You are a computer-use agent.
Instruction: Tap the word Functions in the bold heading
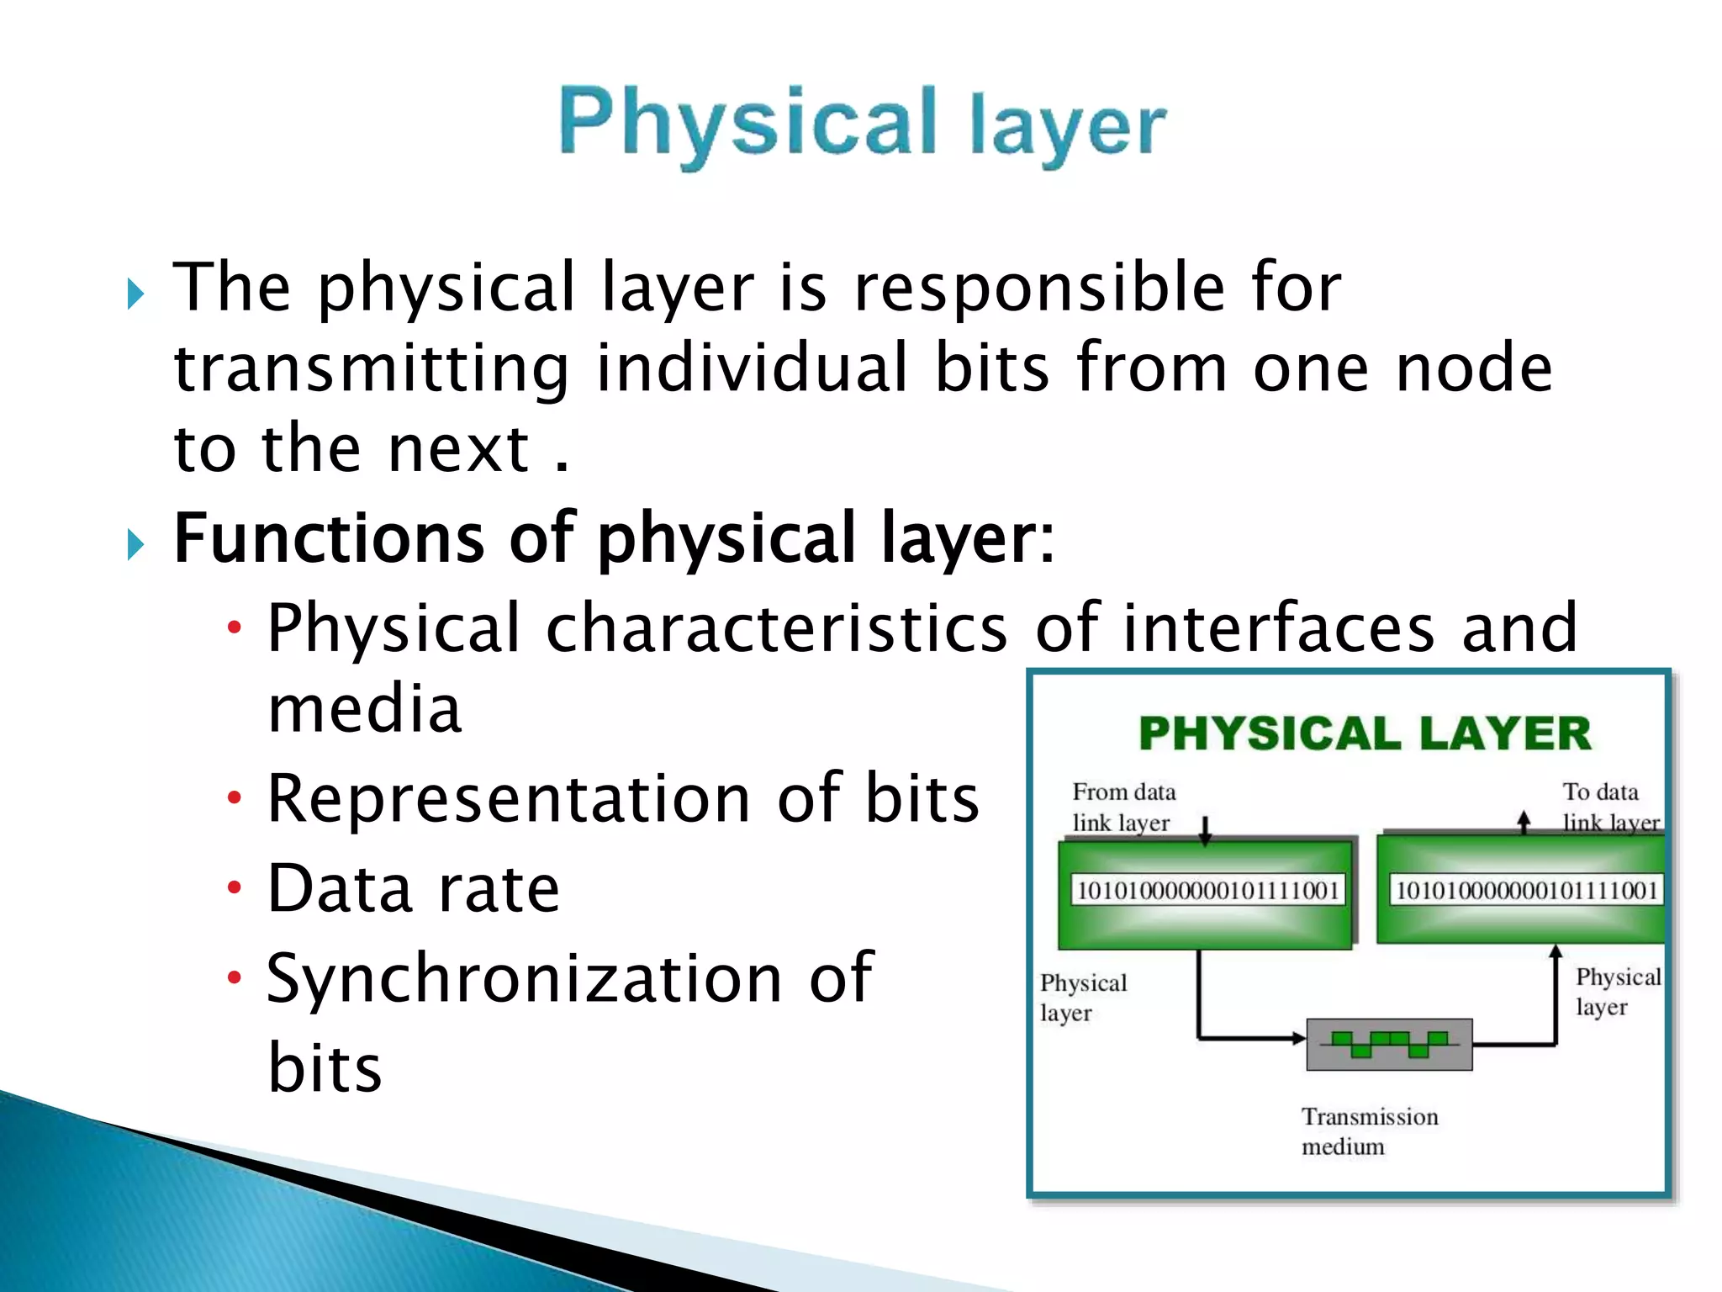[329, 537]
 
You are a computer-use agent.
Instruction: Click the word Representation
[509, 798]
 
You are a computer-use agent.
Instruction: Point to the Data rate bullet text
[413, 888]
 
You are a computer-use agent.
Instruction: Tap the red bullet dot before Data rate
[235, 887]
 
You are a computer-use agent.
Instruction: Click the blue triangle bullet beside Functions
[135, 544]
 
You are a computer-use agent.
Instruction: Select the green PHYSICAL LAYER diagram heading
[1364, 733]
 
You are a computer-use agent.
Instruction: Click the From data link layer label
[1122, 807]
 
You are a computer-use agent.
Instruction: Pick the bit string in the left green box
[1207, 890]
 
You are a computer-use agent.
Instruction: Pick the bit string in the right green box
[1525, 890]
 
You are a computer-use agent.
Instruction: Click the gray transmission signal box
[1389, 1044]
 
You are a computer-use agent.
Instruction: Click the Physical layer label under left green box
[1082, 998]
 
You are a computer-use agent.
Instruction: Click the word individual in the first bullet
[752, 368]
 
